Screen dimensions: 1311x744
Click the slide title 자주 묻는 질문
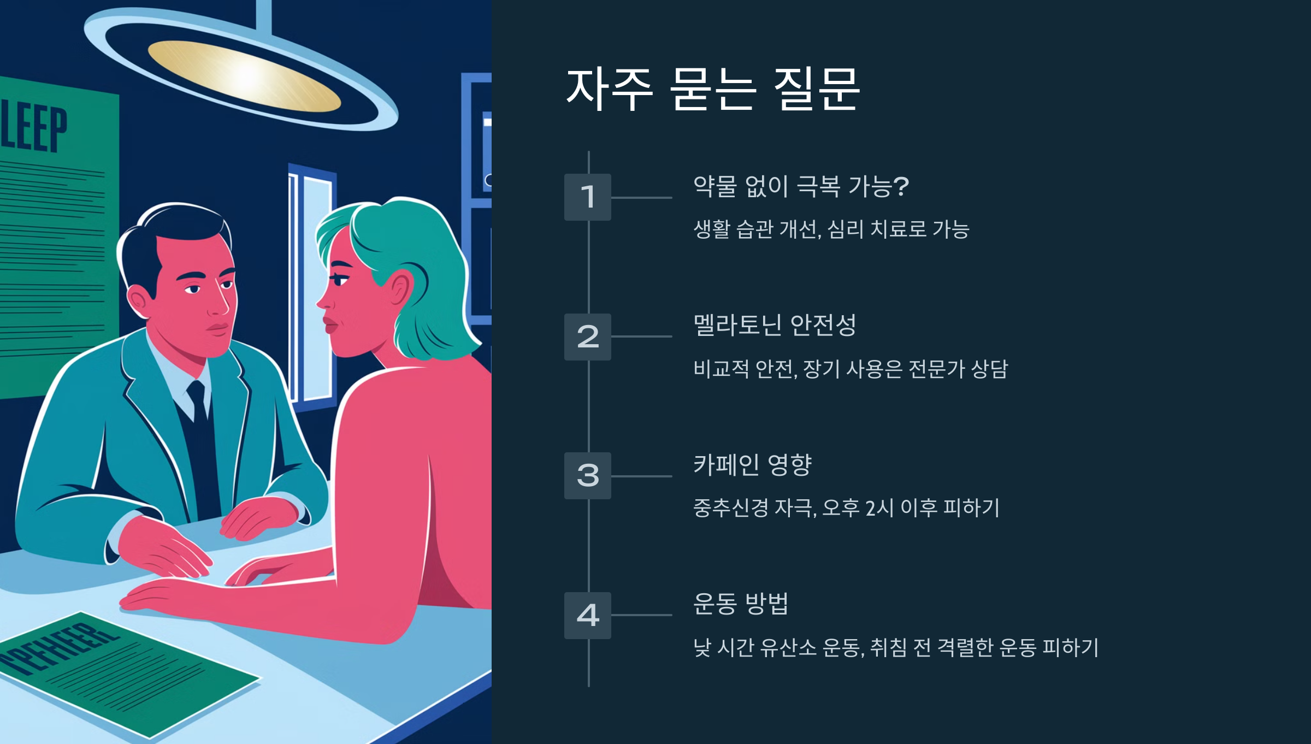coord(713,90)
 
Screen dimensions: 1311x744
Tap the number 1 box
coord(587,197)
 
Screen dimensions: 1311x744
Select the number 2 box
coord(587,336)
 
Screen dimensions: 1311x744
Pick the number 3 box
coord(587,476)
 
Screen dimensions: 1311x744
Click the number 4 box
coord(587,615)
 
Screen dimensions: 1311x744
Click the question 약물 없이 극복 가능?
coord(801,186)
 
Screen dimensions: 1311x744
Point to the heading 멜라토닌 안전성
coord(774,326)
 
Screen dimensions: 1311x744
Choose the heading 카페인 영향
coord(752,465)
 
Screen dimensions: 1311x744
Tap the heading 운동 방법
coord(741,604)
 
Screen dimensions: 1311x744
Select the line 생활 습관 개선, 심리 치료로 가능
coord(831,229)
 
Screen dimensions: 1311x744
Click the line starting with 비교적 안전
coord(851,369)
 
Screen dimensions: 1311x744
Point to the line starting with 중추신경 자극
coord(846,508)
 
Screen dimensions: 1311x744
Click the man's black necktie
coord(198,404)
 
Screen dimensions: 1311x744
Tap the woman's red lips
coord(330,324)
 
